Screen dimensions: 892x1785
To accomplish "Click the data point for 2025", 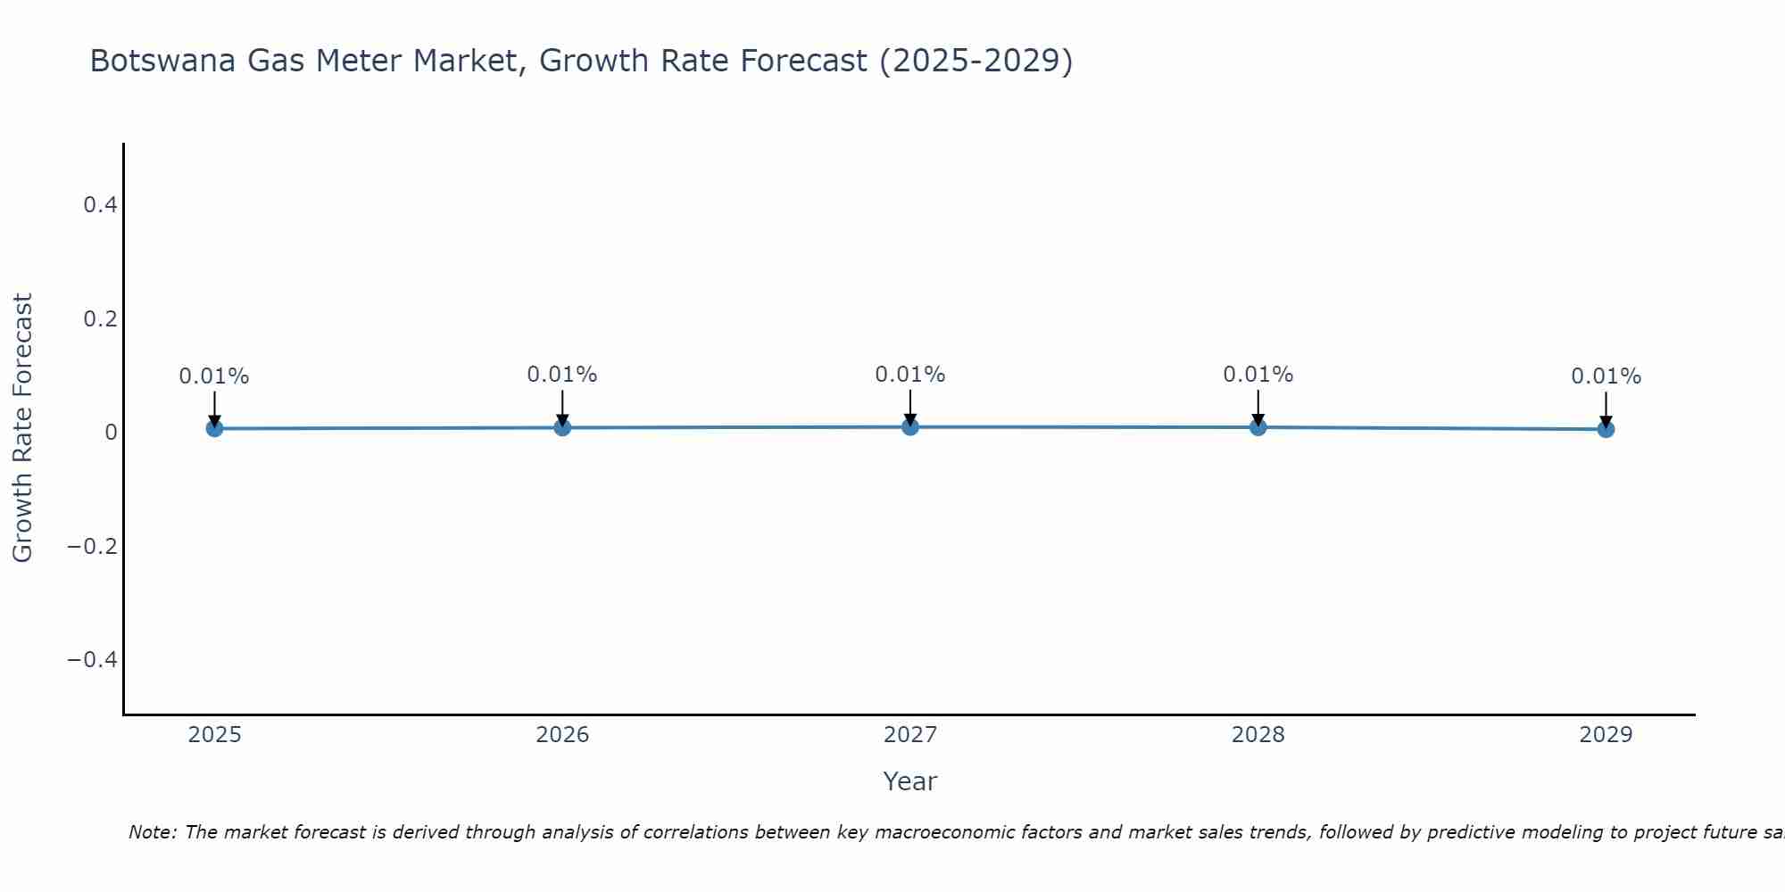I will pos(214,428).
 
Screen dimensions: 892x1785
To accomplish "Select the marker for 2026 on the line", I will pos(562,427).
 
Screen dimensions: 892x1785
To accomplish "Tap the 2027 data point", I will pos(910,426).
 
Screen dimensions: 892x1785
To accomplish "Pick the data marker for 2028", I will pos(1258,426).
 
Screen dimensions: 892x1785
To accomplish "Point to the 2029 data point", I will pos(1606,429).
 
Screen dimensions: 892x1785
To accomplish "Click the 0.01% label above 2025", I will pos(214,376).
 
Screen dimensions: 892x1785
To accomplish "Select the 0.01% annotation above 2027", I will pos(910,375).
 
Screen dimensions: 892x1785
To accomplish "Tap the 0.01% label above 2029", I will pos(1606,376).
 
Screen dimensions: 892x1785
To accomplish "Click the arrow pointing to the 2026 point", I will pos(562,407).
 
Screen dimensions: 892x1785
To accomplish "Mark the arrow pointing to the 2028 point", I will pos(1258,407).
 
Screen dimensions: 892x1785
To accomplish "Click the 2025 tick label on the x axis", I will pos(215,735).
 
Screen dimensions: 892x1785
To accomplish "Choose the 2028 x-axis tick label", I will pos(1258,735).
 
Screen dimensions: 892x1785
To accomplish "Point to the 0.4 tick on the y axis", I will pos(100,205).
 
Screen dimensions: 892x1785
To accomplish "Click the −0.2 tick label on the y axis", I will pos(93,546).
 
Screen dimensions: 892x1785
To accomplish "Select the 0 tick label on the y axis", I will pos(111,433).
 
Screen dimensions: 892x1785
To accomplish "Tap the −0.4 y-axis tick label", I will pos(93,659).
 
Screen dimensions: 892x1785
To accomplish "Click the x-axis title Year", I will pos(909,781).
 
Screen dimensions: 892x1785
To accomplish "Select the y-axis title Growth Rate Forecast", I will pos(22,428).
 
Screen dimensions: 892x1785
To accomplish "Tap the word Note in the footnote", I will pos(152,832).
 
